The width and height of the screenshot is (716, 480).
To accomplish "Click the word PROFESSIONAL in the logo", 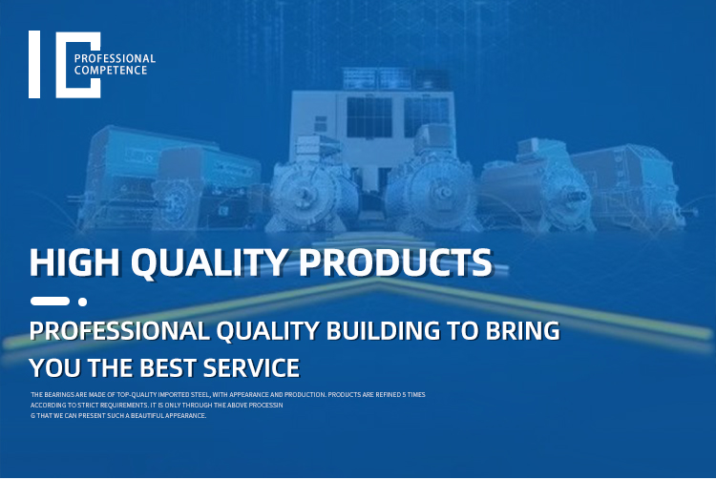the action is pos(115,58).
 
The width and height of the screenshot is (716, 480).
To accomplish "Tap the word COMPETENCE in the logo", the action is pos(111,71).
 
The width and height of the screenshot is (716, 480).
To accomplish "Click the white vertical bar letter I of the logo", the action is pos(34,64).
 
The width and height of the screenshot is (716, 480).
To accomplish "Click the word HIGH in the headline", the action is pos(74,262).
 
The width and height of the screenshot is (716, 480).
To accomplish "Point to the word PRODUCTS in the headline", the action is pos(395,262).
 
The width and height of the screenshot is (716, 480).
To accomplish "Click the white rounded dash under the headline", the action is pos(50,302).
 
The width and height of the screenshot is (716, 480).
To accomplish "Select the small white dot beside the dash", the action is pos(83,302).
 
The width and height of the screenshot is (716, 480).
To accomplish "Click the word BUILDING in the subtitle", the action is pos(383,331).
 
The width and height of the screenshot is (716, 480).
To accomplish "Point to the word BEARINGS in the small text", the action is pos(55,395).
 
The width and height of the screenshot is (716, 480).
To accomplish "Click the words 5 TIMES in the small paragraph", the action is pos(413,395).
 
